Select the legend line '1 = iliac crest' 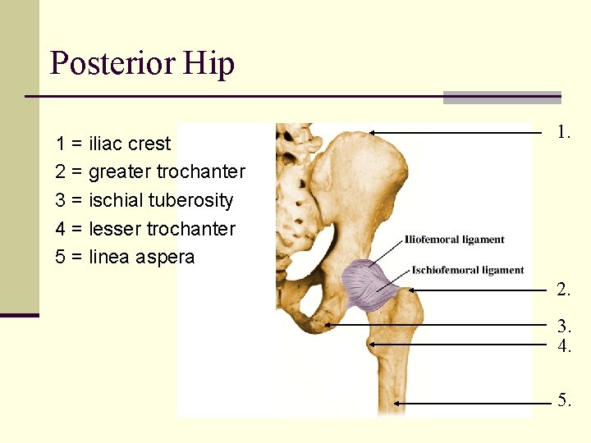pos(113,144)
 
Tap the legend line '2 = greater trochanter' pos(150,171)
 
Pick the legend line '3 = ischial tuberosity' pos(144,200)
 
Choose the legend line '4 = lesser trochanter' pos(145,229)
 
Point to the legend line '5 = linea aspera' pos(125,257)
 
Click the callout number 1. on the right pos(563,131)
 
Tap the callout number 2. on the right pos(563,290)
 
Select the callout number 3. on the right pos(563,325)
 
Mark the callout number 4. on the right pos(563,345)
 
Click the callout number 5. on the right pos(563,400)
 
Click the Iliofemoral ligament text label pos(455,240)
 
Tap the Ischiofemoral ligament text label pos(468,270)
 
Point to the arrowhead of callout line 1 pos(372,131)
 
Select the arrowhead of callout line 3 pos(328,325)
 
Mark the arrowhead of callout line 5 pos(397,403)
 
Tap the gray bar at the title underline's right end pos(502,97)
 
